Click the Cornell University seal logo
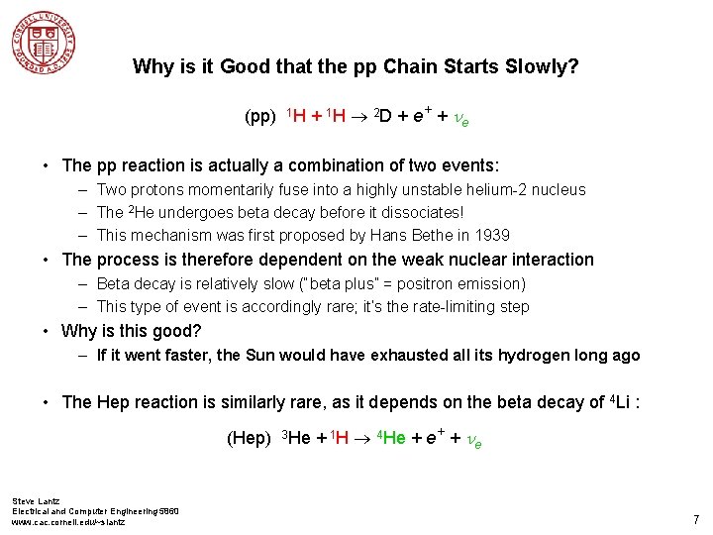pyautogui.click(x=45, y=43)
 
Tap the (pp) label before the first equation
pyautogui.click(x=259, y=118)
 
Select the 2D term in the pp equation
pyautogui.click(x=381, y=118)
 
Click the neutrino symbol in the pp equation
pyautogui.click(x=459, y=119)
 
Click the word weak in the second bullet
pyautogui.click(x=421, y=260)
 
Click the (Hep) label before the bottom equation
pyautogui.click(x=249, y=438)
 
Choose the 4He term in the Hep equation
pyautogui.click(x=391, y=438)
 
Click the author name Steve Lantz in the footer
pyautogui.click(x=36, y=501)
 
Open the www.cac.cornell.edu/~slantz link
pyautogui.click(x=68, y=521)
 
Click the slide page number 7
pyautogui.click(x=696, y=519)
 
